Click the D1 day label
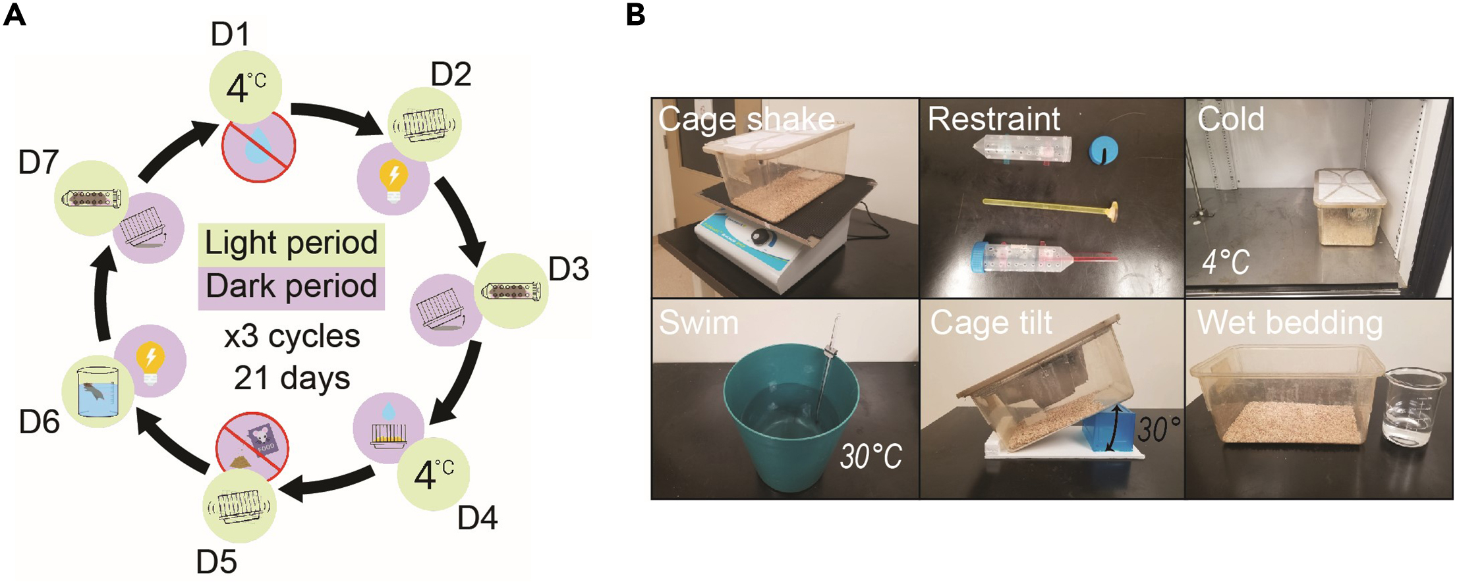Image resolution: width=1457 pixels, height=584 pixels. tap(230, 34)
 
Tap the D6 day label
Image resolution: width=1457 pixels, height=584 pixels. tap(39, 422)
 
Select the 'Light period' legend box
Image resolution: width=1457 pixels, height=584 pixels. tap(291, 243)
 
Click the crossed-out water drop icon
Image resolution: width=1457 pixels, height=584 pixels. tap(258, 146)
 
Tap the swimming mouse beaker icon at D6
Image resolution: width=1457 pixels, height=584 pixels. tap(98, 394)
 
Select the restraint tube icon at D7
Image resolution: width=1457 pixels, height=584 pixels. tap(91, 198)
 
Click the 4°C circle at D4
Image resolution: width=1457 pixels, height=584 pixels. tap(433, 474)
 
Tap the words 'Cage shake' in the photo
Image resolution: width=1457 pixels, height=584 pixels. tap(746, 119)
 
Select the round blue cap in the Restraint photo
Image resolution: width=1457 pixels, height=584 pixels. tap(1102, 149)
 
